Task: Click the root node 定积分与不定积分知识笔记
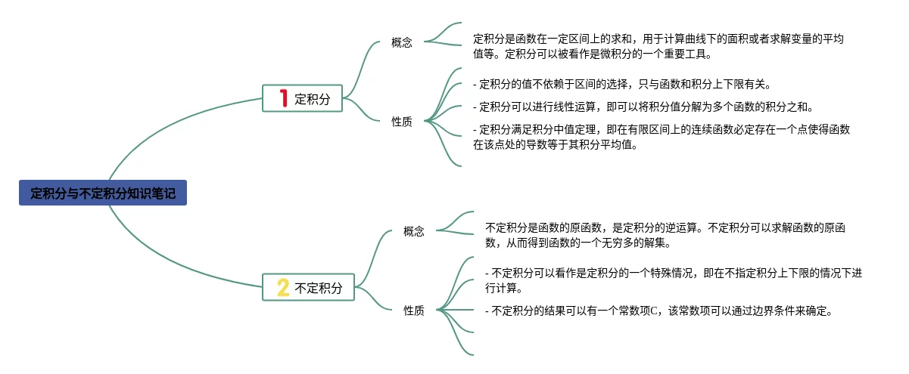pyautogui.click(x=103, y=193)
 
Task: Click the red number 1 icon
pyautogui.click(x=283, y=98)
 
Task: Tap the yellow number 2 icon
pyautogui.click(x=283, y=287)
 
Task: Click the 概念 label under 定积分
pyautogui.click(x=402, y=42)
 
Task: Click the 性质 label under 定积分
pyautogui.click(x=402, y=121)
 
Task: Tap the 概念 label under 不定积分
pyautogui.click(x=414, y=231)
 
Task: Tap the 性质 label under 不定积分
pyautogui.click(x=414, y=310)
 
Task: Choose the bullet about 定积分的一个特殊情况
pyautogui.click(x=673, y=280)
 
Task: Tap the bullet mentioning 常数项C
pyautogui.click(x=658, y=311)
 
